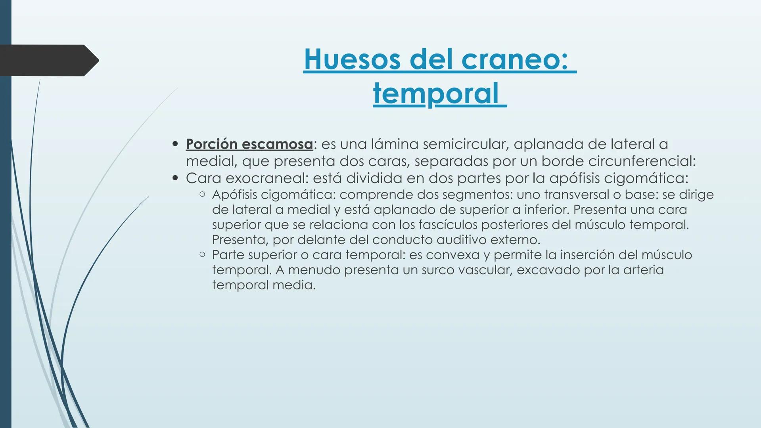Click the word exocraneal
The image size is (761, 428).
[x=266, y=178]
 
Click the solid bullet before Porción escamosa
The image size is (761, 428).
[x=175, y=144]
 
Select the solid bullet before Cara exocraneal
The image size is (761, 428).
[x=175, y=178]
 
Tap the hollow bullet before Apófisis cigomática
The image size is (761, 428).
[x=202, y=194]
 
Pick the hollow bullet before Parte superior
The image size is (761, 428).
[x=202, y=254]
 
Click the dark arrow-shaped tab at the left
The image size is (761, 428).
[x=48, y=60]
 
